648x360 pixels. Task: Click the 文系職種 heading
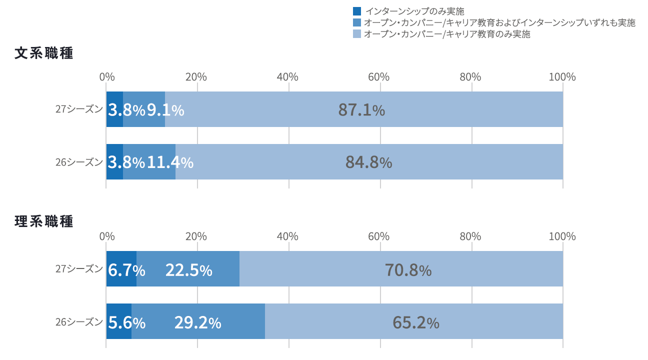coord(44,53)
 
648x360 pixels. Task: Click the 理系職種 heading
coord(44,221)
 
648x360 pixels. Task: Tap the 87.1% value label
coord(361,110)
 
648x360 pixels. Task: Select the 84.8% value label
coord(368,162)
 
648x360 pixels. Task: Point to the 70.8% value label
coord(408,270)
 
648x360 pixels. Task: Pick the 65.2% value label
coord(415,323)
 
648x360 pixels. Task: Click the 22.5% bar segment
coord(188,269)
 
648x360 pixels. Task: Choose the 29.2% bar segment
coord(198,321)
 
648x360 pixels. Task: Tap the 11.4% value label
coord(170,162)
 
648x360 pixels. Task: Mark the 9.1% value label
coord(165,110)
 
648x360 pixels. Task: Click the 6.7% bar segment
coord(121,269)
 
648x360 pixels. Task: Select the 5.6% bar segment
coord(119,321)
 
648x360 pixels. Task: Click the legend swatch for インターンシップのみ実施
coord(357,11)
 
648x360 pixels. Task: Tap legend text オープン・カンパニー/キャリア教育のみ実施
coord(447,34)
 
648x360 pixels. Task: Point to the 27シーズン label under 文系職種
coord(79,109)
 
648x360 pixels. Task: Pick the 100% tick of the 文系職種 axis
coord(562,77)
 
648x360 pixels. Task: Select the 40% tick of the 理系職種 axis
coord(288,236)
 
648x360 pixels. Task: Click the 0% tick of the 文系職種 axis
coord(106,77)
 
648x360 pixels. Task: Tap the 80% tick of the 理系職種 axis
coord(471,236)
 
